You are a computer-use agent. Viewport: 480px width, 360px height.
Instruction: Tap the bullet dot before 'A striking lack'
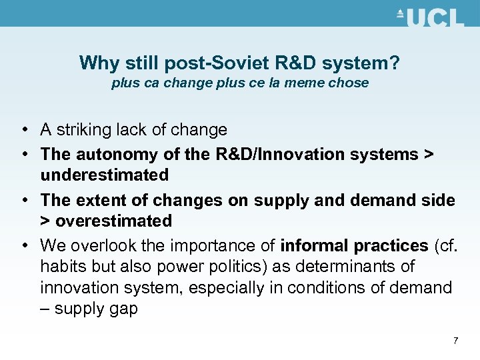24,130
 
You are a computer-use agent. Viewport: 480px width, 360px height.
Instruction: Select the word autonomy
111,154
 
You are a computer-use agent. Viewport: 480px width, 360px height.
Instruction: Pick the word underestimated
104,175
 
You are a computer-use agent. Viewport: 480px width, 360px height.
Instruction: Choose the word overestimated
113,221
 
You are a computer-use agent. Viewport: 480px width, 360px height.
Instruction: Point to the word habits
61,267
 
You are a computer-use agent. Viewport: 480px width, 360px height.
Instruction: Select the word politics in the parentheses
227,267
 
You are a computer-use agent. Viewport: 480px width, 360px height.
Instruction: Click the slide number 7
455,341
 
